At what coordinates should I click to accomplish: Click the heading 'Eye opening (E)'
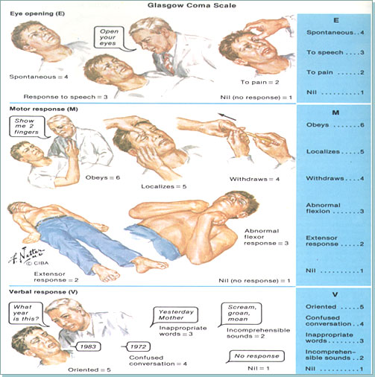34,13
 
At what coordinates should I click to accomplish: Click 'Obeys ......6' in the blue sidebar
335,126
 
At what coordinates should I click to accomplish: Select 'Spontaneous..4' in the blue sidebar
335,34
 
